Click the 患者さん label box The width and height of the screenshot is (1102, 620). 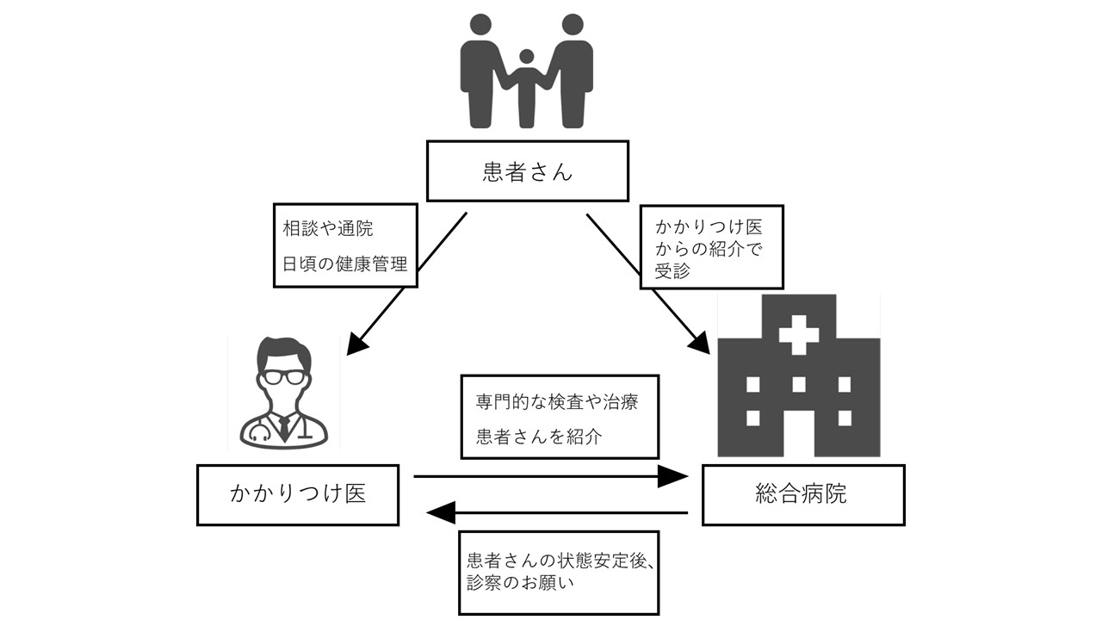tap(527, 171)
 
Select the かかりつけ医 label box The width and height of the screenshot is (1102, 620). tap(298, 494)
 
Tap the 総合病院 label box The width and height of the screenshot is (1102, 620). tap(802, 494)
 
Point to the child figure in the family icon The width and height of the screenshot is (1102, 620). tap(527, 86)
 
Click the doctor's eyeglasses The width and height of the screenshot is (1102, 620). tap(283, 376)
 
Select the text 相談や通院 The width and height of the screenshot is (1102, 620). tap(328, 230)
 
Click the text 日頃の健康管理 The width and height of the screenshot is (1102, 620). tap(345, 263)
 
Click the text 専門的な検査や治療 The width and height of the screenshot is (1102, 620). tap(557, 402)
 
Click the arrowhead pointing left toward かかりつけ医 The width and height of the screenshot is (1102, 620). tap(442, 513)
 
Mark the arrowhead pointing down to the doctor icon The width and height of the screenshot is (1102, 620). tap(357, 342)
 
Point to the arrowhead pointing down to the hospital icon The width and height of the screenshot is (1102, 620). tap(699, 343)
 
